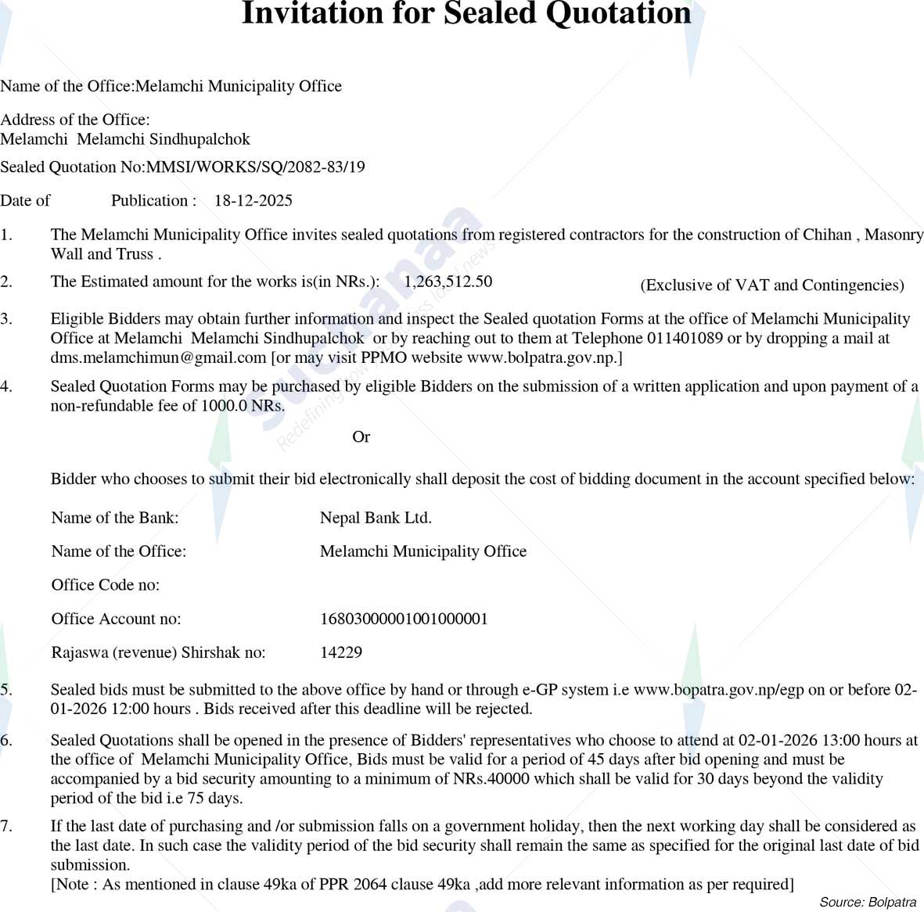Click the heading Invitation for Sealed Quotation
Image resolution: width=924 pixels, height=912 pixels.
click(466, 14)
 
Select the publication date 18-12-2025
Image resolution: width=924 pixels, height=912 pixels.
click(253, 201)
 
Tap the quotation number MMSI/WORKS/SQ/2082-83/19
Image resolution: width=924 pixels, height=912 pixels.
click(256, 167)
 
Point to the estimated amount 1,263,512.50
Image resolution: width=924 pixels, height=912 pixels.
click(448, 282)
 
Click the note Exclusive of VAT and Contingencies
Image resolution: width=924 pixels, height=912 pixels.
click(771, 285)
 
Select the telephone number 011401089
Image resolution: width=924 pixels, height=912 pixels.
click(685, 339)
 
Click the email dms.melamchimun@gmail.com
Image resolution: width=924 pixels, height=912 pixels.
click(159, 358)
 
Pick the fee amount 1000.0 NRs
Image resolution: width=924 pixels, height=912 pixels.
click(243, 406)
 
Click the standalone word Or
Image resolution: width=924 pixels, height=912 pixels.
click(361, 437)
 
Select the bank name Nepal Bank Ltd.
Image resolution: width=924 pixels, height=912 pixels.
click(376, 518)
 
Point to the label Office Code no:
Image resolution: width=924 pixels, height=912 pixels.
click(106, 585)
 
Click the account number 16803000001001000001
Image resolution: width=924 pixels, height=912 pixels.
click(404, 619)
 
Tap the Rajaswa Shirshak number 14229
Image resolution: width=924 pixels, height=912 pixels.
click(341, 652)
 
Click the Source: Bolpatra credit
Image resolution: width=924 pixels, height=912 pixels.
click(868, 902)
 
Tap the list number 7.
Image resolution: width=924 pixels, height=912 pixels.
click(6, 827)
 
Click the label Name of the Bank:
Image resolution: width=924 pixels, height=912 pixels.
click(115, 518)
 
